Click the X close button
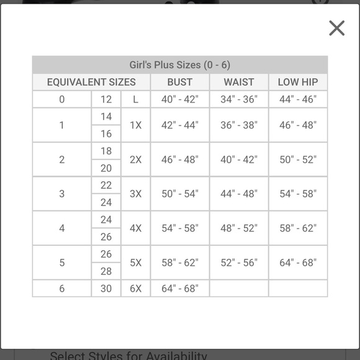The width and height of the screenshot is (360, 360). pos(336,28)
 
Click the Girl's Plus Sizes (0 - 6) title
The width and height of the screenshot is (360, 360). pos(180,65)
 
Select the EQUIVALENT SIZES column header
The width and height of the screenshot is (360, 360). pos(91,82)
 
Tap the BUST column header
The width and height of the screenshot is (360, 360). pos(180,82)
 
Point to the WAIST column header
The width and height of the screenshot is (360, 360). pos(239,82)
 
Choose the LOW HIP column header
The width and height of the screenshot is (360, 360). pos(298,82)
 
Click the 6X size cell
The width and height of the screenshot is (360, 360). pos(135,289)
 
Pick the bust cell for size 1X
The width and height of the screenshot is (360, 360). pos(180,125)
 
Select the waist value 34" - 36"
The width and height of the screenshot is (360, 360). pos(239,99)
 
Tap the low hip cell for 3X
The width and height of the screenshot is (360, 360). pos(298,194)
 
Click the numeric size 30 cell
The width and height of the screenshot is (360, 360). pos(106,289)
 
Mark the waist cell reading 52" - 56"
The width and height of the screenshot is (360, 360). pos(239,263)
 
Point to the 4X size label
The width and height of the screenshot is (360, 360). pos(135,228)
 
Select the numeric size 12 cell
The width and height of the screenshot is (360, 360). pos(106,99)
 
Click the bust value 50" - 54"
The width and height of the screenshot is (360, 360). pos(180,194)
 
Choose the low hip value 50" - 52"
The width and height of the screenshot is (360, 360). pos(298,160)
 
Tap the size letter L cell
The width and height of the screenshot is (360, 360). pos(135,99)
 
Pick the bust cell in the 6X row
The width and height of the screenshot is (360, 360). pos(180,289)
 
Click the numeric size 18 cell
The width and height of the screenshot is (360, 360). pos(106,151)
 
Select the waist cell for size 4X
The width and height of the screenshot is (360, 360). pos(239,228)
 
